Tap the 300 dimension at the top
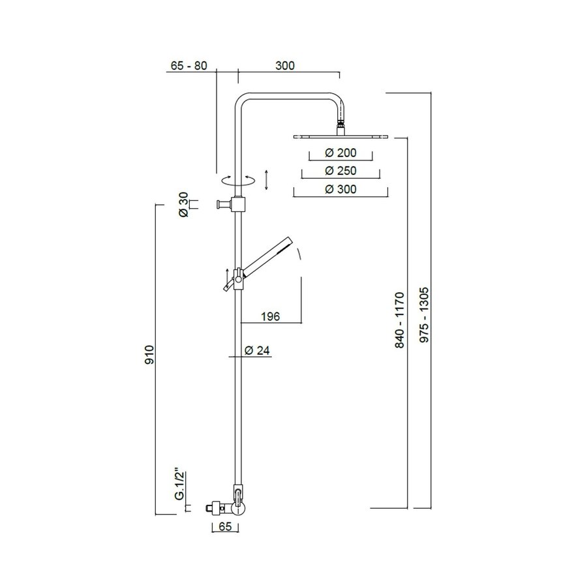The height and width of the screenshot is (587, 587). (x=285, y=65)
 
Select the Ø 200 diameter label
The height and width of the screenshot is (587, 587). (x=340, y=153)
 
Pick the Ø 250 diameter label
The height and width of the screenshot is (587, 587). (x=340, y=171)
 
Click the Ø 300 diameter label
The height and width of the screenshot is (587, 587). (x=340, y=189)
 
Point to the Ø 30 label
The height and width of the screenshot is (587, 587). (x=183, y=205)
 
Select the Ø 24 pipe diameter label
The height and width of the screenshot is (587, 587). (x=258, y=350)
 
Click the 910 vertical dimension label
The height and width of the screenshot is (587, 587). (x=149, y=355)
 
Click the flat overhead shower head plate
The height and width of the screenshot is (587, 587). (x=340, y=136)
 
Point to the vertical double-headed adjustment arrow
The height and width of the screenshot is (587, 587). (x=267, y=179)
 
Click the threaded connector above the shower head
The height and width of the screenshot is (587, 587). (x=340, y=124)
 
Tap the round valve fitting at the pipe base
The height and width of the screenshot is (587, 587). (x=239, y=507)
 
